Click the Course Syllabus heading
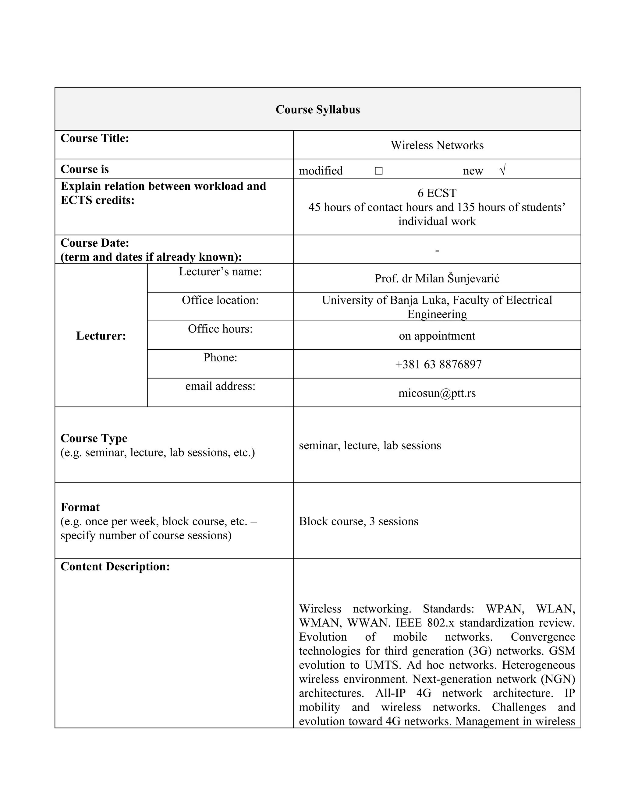click(x=317, y=109)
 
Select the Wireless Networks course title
click(x=437, y=145)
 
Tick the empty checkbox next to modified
click(x=378, y=171)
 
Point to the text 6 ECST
click(x=437, y=193)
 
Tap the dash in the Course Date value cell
click(x=437, y=251)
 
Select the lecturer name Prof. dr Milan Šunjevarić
click(x=437, y=278)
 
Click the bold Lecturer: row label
click(x=101, y=336)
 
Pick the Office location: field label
click(x=220, y=300)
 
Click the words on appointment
click(x=437, y=336)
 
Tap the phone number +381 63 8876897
click(x=438, y=364)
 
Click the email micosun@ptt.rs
click(x=437, y=393)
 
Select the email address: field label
click(x=220, y=386)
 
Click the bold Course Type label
click(x=94, y=438)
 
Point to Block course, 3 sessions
click(x=358, y=521)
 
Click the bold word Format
click(x=80, y=507)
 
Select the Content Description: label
click(x=115, y=566)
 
